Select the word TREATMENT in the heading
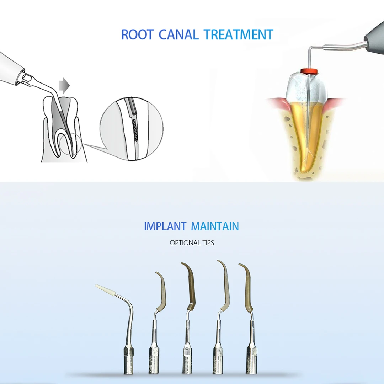tap(238, 34)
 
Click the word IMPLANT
tap(165, 226)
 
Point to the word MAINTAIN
tap(215, 226)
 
